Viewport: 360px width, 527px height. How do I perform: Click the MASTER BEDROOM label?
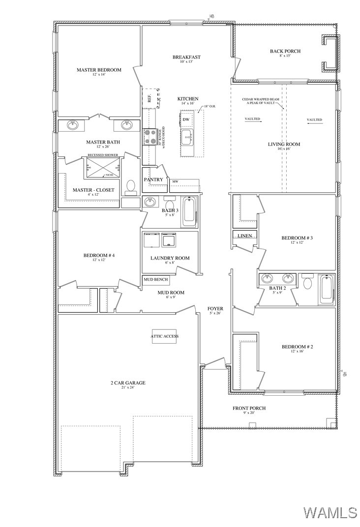[99, 70]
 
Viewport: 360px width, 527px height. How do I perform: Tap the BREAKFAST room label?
[186, 58]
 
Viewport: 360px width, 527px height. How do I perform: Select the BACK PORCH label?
[285, 51]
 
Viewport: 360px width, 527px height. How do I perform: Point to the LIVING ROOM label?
[284, 144]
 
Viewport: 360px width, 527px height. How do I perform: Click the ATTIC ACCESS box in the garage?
[165, 336]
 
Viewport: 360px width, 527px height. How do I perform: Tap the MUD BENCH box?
[156, 280]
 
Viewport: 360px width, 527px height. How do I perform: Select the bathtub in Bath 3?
[190, 211]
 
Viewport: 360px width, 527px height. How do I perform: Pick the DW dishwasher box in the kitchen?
[186, 119]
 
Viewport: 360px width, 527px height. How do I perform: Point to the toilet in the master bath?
[131, 187]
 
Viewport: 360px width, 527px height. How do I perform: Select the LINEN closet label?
[245, 236]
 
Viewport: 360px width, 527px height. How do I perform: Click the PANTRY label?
[153, 180]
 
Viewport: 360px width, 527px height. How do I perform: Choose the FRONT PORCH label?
[249, 408]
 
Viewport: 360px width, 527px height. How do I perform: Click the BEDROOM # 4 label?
[99, 256]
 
